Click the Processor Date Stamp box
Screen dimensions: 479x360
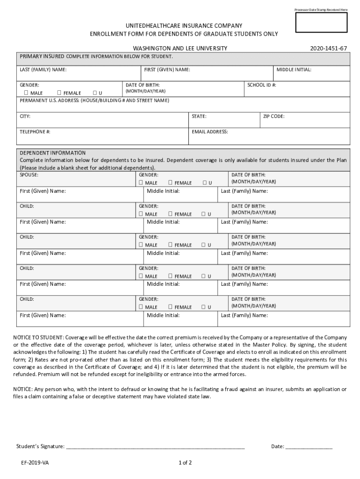[x=321, y=22]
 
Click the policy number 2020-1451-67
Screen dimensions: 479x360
[x=329, y=49]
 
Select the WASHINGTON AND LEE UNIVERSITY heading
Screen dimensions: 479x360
[x=180, y=49]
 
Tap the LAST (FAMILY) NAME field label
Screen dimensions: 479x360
[x=43, y=70]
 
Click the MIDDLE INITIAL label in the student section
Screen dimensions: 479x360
[x=294, y=70]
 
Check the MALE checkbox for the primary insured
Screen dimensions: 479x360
[x=26, y=93]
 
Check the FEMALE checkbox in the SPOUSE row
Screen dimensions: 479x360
[x=171, y=183]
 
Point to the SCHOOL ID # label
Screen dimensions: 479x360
[x=261, y=85]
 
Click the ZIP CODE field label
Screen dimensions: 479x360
[x=274, y=116]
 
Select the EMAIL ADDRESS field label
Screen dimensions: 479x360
[x=209, y=132]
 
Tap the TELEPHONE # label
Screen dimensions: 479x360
[x=35, y=132]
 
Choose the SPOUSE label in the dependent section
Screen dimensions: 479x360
[x=29, y=174]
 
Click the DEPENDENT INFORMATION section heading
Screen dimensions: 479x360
[x=52, y=153]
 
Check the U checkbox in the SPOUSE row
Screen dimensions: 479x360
[x=204, y=183]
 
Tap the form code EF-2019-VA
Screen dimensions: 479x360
[x=34, y=463]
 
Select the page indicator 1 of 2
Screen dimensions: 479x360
[x=185, y=463]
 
